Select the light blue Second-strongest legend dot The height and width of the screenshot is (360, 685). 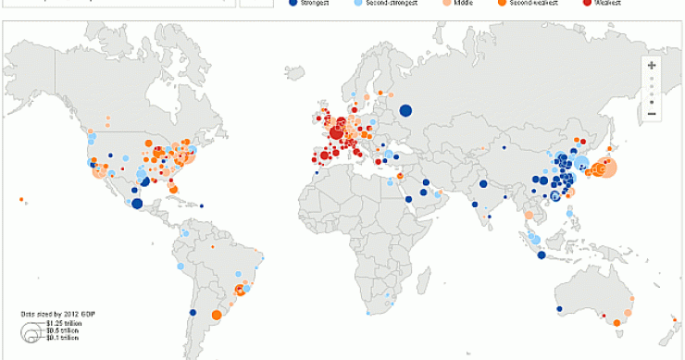pos(359,3)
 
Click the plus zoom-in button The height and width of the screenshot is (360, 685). pos(652,66)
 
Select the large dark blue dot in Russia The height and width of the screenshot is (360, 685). pos(405,111)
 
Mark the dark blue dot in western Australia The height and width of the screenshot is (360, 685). pos(558,310)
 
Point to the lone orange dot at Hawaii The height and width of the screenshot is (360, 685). pos(20,197)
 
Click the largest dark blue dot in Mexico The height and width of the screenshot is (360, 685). pos(136,204)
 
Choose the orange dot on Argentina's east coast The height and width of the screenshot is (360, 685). pos(215,316)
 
